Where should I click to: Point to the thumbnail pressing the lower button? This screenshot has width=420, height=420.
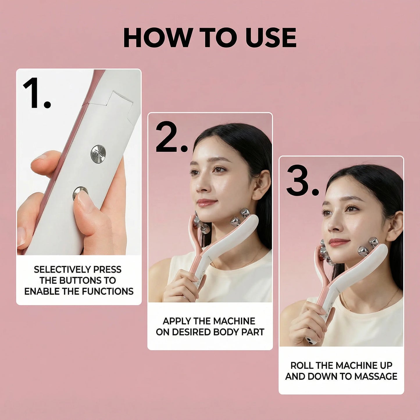click(x=85, y=201)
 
